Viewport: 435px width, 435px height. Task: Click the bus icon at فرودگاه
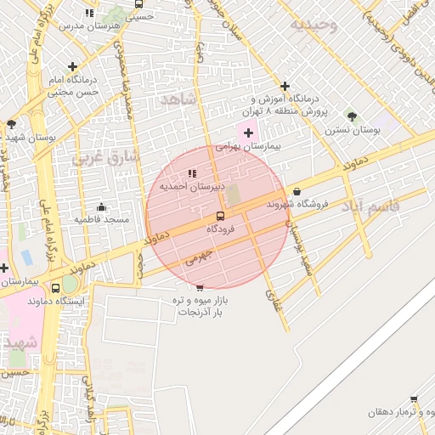click(x=220, y=216)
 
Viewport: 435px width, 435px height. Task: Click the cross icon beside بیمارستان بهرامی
click(x=248, y=133)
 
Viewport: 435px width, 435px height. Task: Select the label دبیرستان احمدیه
click(x=191, y=186)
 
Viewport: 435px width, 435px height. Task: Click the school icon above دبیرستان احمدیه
click(x=191, y=173)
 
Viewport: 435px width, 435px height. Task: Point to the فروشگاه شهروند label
click(x=297, y=204)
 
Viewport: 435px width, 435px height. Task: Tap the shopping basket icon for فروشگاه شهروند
click(x=297, y=191)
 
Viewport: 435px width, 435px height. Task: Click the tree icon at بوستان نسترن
click(x=352, y=116)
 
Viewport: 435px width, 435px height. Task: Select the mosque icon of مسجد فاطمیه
click(x=102, y=206)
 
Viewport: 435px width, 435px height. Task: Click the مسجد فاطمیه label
click(x=102, y=219)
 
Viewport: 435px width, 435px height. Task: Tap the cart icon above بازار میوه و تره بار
click(x=199, y=287)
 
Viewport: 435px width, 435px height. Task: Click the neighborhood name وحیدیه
click(x=314, y=25)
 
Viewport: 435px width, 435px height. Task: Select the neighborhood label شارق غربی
click(x=100, y=156)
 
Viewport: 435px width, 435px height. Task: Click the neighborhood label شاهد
click(x=178, y=100)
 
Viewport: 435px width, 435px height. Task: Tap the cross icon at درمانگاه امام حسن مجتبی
click(x=72, y=66)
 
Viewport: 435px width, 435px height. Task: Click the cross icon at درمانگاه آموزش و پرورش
click(x=285, y=86)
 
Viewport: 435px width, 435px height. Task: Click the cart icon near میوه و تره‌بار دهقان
click(x=415, y=398)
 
